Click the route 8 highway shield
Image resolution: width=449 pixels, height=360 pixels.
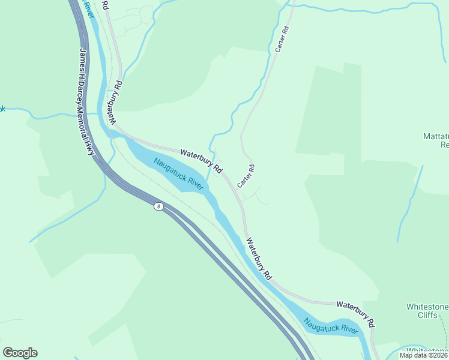(x=158, y=206)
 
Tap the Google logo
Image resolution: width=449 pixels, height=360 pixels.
(x=20, y=353)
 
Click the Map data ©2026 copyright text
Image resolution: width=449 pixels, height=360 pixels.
(x=423, y=355)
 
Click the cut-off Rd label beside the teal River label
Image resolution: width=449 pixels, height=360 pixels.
(x=105, y=5)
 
